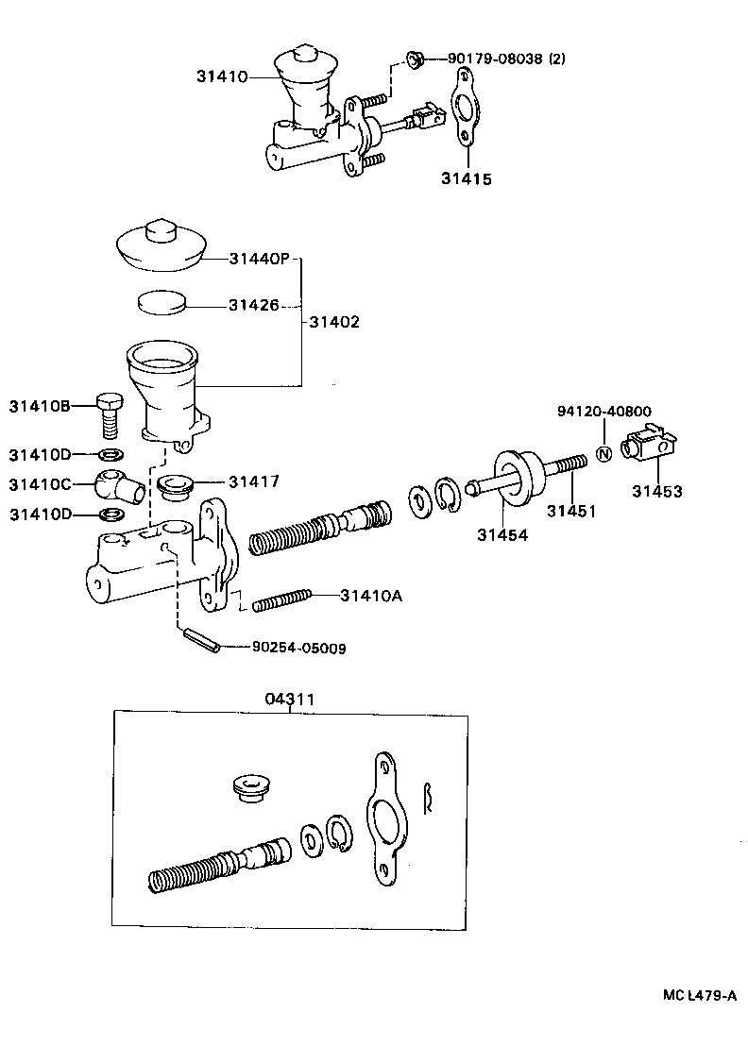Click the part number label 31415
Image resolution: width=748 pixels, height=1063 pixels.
pos(466,177)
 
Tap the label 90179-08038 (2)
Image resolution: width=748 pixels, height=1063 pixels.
pos(507,59)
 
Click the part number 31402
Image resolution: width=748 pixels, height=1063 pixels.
pos(334,322)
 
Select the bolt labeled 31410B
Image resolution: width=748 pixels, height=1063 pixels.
pos(110,413)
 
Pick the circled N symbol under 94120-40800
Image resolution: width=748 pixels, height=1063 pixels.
pos(604,455)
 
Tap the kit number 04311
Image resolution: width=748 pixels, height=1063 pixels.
pos(289,699)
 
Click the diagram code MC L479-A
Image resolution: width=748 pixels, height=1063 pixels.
pos(698,995)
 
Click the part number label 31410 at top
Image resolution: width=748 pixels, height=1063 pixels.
pos(222,76)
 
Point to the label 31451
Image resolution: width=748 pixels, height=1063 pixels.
pos(570,511)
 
